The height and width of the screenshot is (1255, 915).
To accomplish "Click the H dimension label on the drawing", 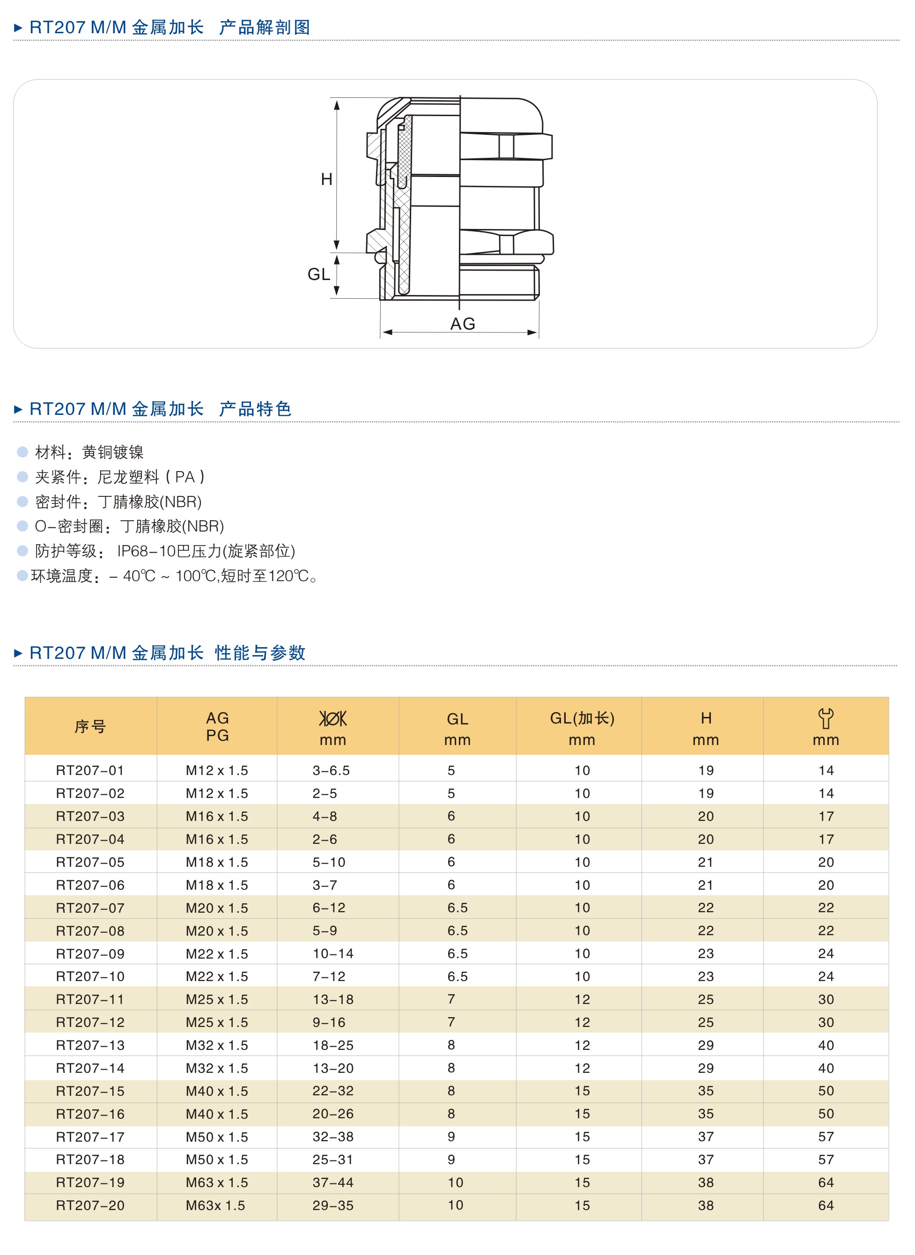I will point(326,179).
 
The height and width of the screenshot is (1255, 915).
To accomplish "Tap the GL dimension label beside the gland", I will point(318,274).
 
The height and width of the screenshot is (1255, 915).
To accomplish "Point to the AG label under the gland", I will point(463,324).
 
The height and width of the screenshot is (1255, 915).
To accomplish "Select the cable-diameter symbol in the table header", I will point(333,718).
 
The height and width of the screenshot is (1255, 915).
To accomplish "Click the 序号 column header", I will point(90,727).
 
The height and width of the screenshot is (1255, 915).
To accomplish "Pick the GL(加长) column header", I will point(582,718).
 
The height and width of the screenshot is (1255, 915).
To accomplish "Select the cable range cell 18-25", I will point(333,1045).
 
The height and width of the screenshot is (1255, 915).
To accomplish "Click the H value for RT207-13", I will point(706,1045).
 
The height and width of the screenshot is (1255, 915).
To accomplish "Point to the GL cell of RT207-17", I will point(451,1137).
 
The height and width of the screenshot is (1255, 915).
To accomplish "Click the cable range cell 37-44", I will point(333,1182).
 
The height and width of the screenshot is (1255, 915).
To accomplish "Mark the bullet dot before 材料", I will point(22,452).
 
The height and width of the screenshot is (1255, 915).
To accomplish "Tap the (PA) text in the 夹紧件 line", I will point(185,477).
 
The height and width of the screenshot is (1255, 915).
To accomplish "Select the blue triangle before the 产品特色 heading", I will point(18,409).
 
